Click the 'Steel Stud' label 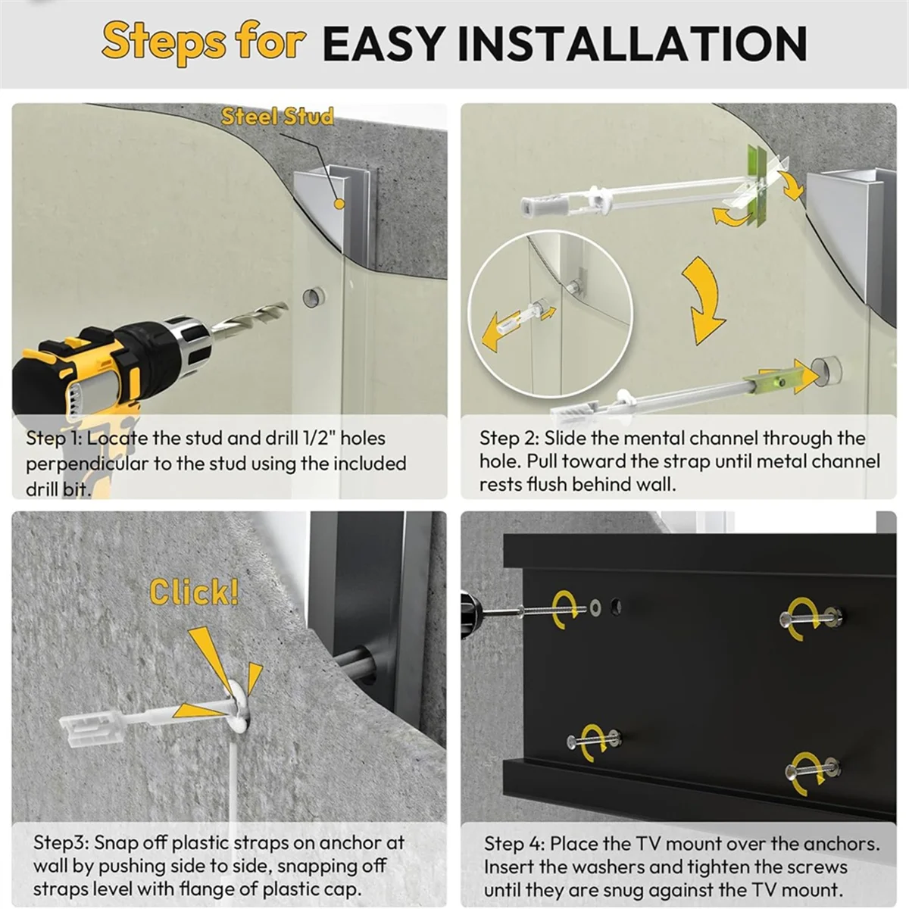(x=277, y=117)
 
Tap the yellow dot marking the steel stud (x=339, y=204)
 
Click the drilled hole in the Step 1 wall (x=314, y=297)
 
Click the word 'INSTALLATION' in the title (x=632, y=44)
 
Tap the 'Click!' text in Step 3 (x=195, y=592)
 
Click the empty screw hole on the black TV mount (x=615, y=606)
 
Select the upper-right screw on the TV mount (x=811, y=616)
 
